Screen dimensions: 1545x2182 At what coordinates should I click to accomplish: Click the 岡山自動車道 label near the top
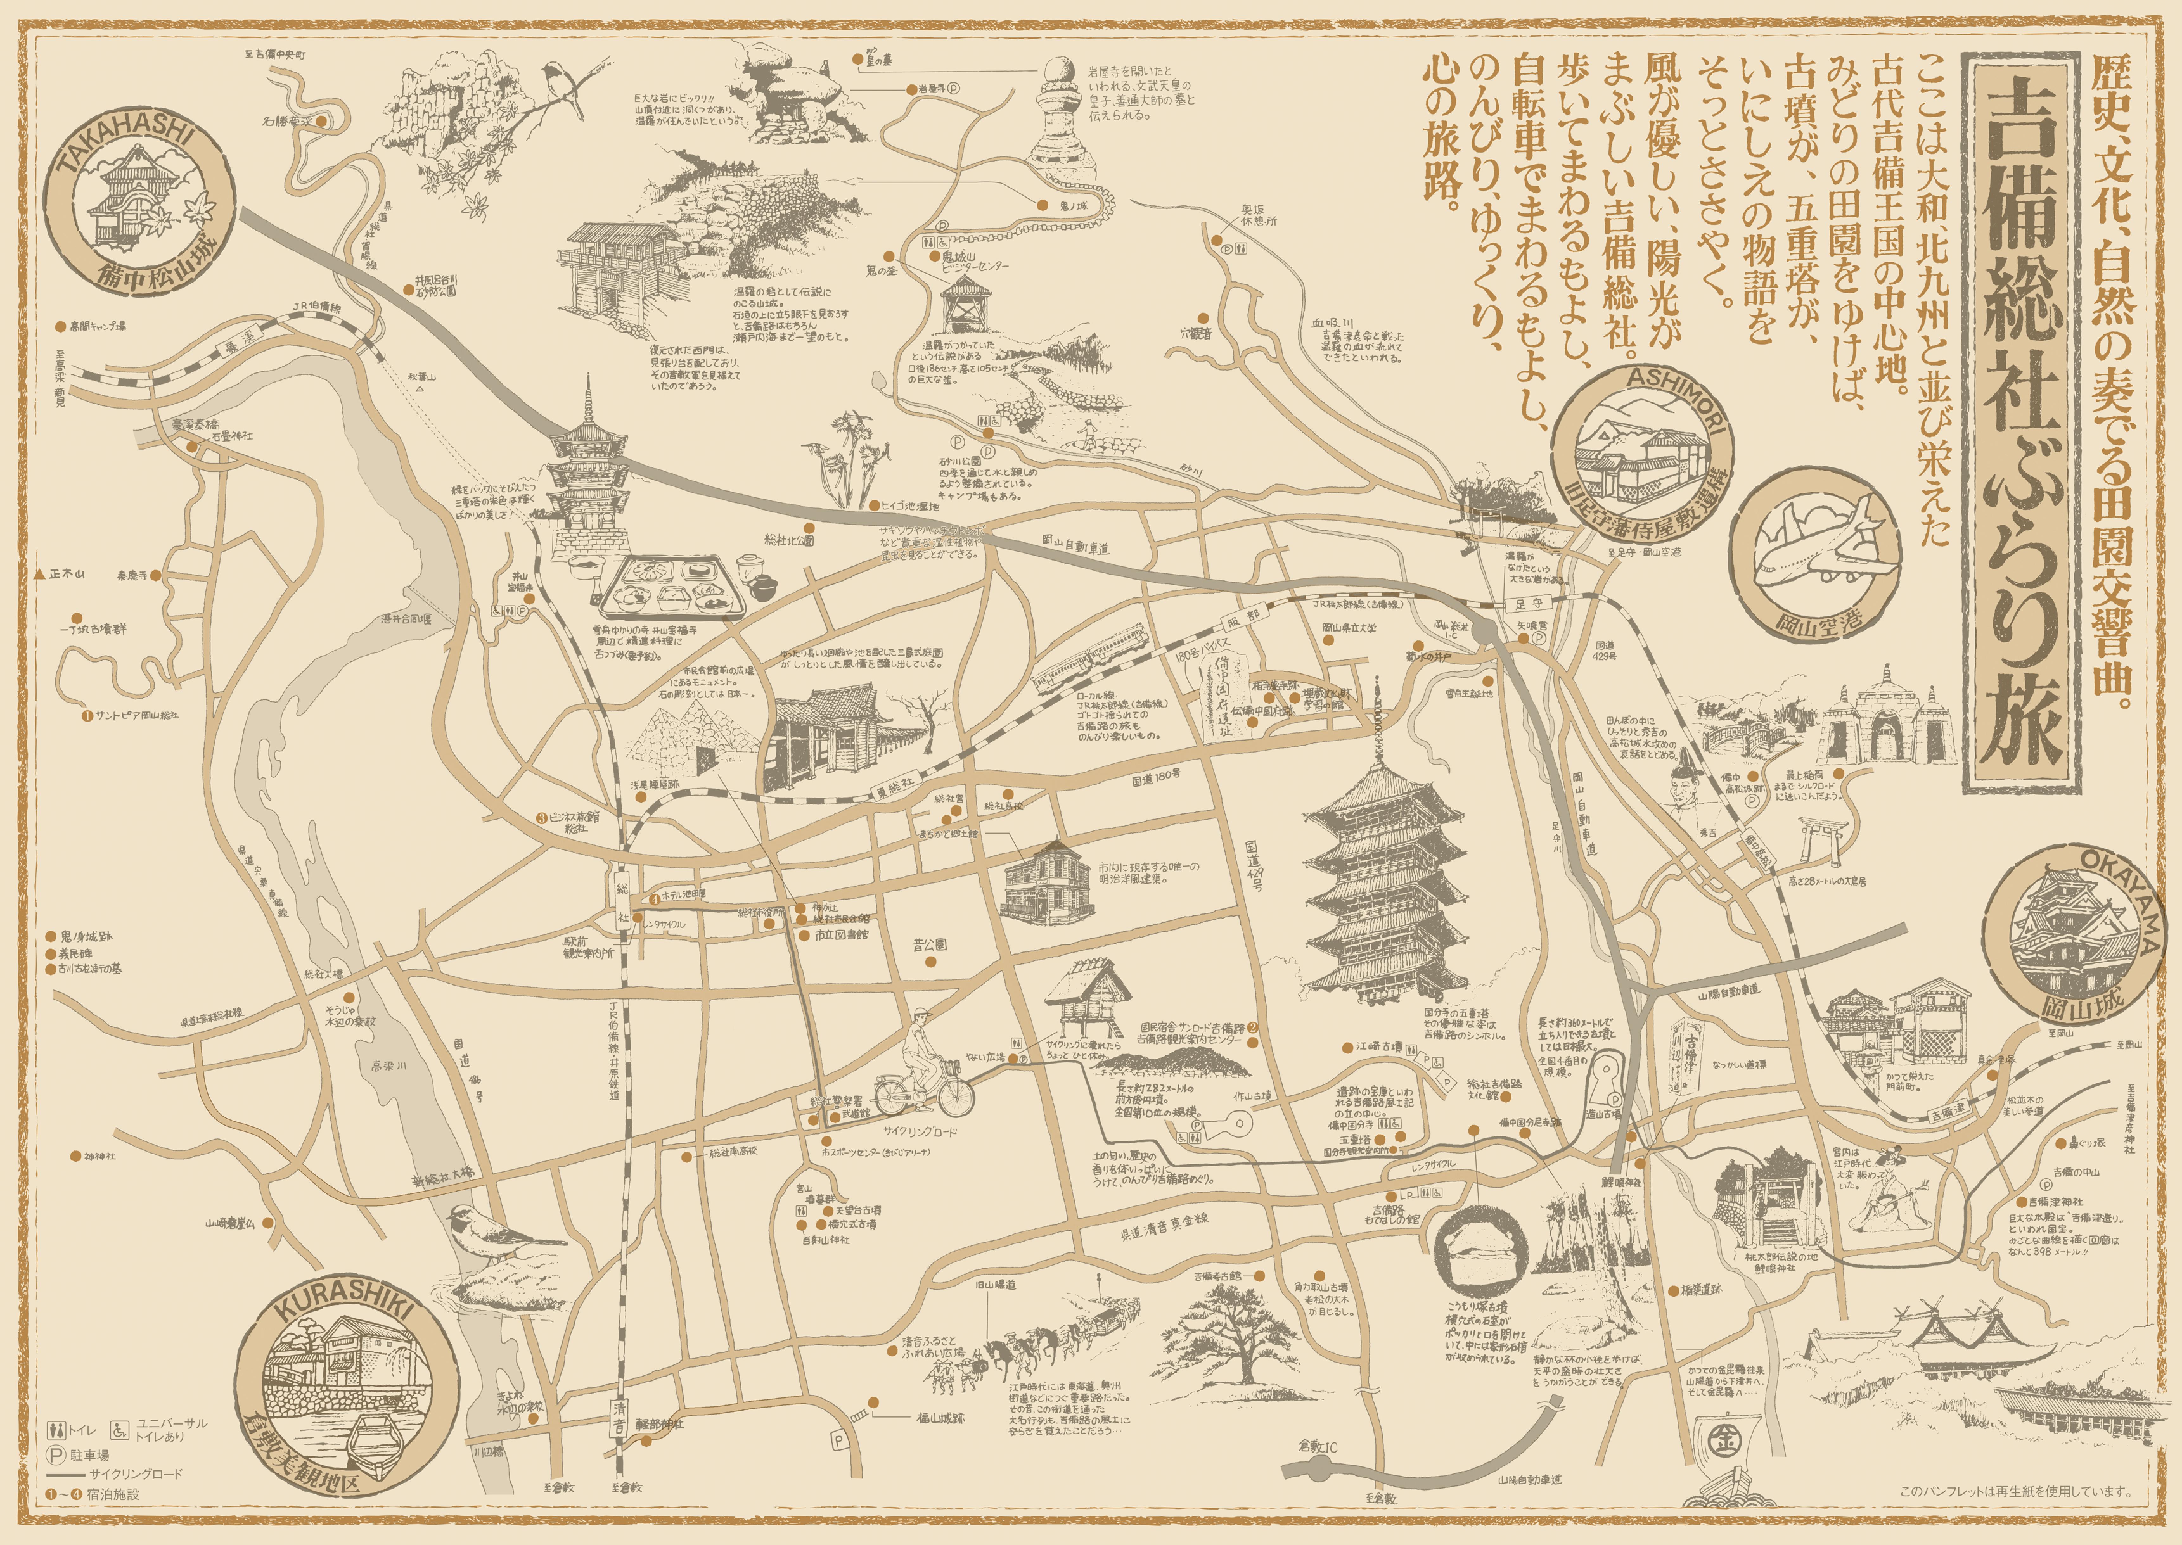1075,547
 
